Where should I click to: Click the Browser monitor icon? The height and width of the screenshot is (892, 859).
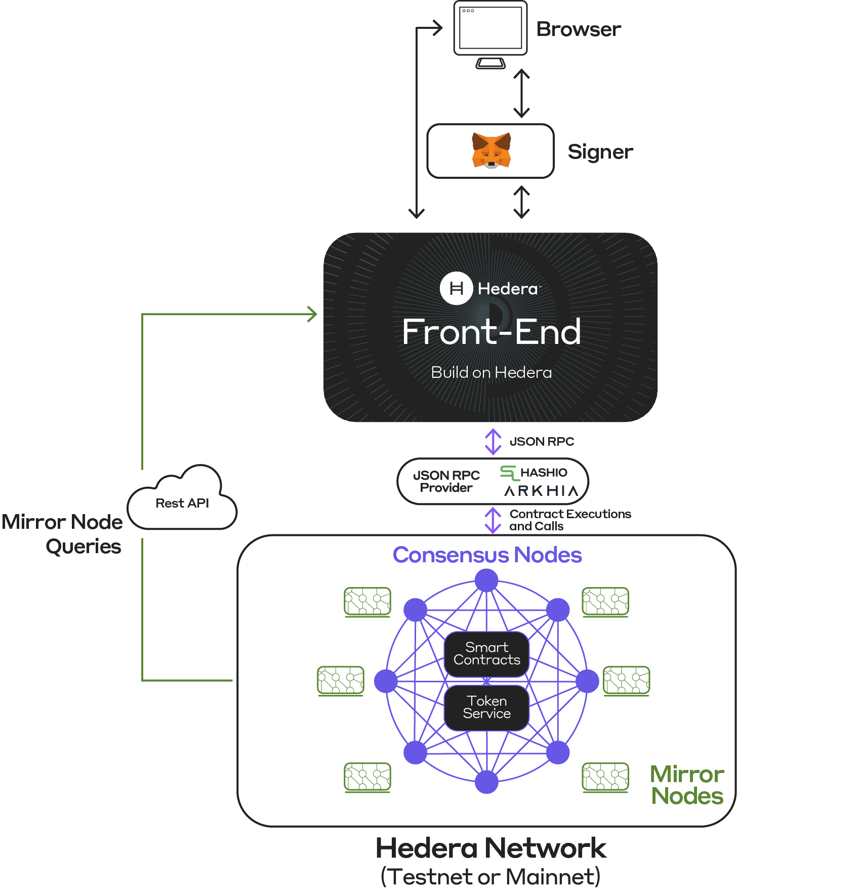click(490, 30)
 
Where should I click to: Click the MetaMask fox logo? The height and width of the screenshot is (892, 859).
click(491, 150)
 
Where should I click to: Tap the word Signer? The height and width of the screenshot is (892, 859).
click(600, 152)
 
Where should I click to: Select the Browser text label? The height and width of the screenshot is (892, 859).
click(579, 29)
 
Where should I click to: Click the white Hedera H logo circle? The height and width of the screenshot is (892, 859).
click(456, 288)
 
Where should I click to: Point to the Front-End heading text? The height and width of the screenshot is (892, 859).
click(491, 332)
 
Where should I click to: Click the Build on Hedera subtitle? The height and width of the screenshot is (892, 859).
click(491, 373)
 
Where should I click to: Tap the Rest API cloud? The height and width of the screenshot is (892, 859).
click(182, 501)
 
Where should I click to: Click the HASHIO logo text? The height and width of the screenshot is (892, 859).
click(544, 473)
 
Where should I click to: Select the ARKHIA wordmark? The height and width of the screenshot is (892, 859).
click(541, 491)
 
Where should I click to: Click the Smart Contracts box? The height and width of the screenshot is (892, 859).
click(486, 654)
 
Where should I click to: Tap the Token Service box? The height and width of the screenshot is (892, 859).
click(486, 708)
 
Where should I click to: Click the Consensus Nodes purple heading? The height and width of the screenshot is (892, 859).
click(487, 555)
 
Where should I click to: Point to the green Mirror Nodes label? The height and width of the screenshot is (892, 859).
click(687, 785)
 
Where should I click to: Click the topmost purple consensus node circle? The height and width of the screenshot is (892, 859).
click(486, 580)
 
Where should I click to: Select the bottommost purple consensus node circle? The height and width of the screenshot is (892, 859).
click(486, 782)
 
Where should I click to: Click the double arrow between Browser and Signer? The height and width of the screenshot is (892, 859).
click(521, 94)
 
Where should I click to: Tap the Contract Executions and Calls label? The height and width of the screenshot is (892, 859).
click(570, 520)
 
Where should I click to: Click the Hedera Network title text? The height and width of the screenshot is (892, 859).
click(490, 848)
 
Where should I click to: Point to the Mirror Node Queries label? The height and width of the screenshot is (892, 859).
click(63, 534)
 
